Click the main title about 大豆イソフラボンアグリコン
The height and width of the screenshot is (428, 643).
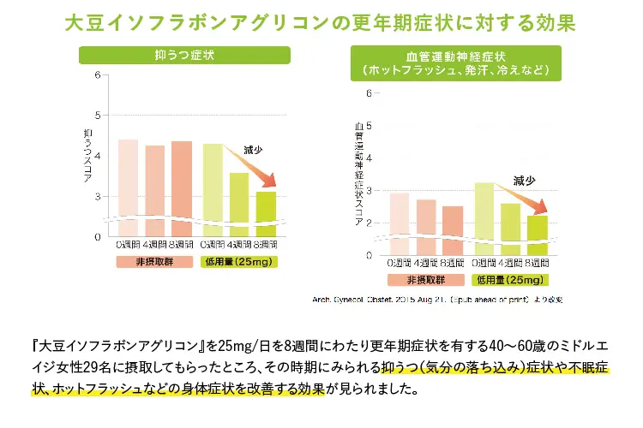click(321, 21)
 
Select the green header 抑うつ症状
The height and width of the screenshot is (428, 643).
click(183, 55)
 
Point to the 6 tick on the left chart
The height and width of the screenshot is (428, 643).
click(98, 74)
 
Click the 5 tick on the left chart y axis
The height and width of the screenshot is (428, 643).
click(98, 115)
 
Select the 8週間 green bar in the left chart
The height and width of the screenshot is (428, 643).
click(266, 213)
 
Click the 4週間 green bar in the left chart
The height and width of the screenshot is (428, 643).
click(239, 204)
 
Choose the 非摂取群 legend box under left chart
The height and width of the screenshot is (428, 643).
click(155, 261)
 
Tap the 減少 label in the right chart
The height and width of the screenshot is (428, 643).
click(525, 181)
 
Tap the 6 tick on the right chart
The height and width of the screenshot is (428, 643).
click(369, 93)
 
